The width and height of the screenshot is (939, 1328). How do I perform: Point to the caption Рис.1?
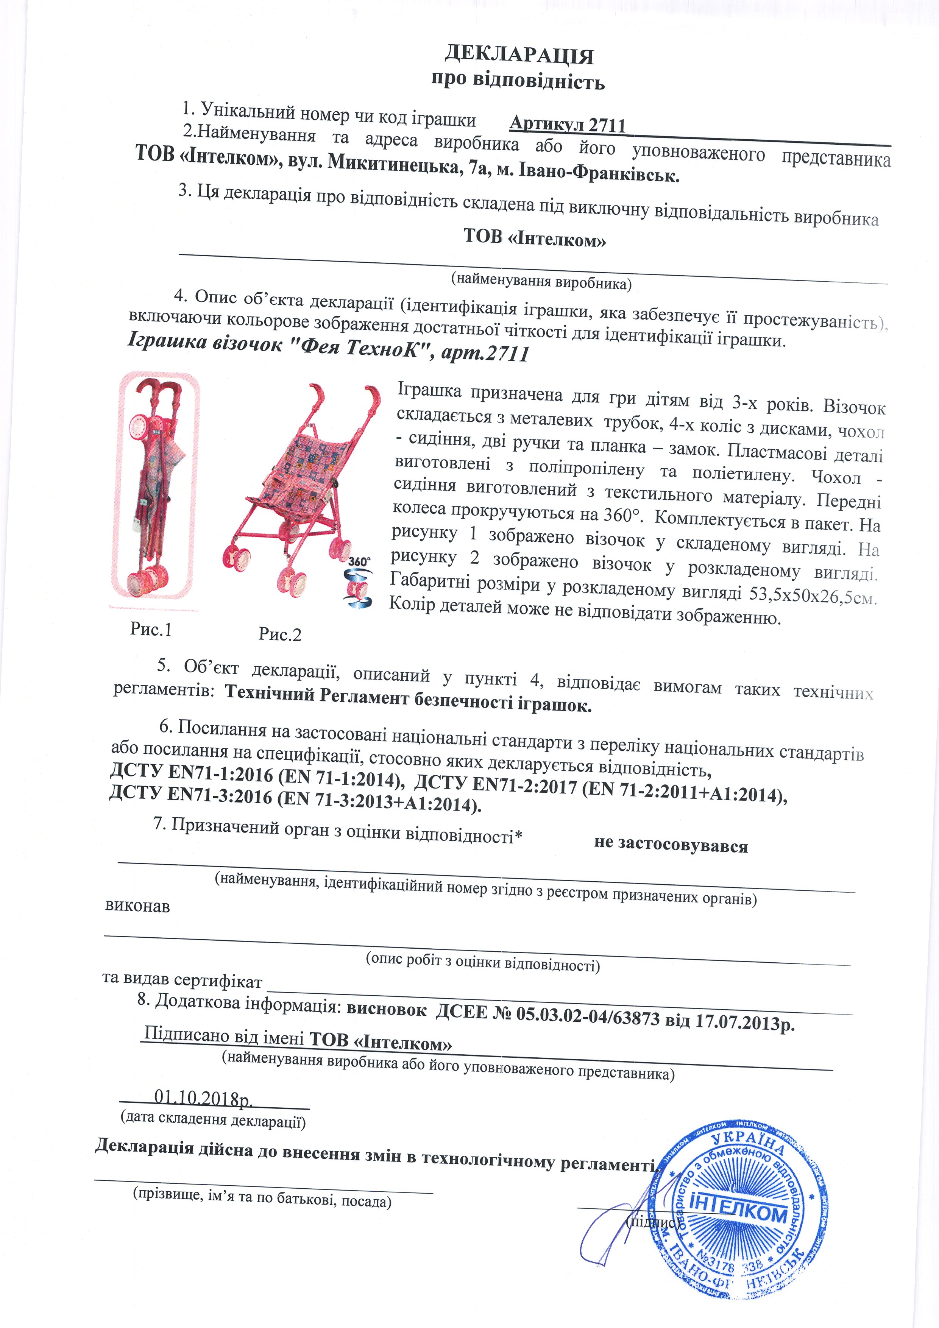(x=151, y=629)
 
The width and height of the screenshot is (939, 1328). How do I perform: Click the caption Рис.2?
(x=280, y=634)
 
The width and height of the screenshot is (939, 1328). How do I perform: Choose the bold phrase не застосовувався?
(x=671, y=845)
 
